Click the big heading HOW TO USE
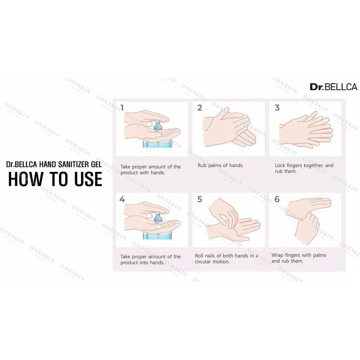pyautogui.click(x=55, y=178)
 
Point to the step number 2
pyautogui.click(x=200, y=108)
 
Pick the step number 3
pyautogui.click(x=277, y=108)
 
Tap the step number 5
pyautogui.click(x=200, y=198)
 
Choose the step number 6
pyautogui.click(x=277, y=198)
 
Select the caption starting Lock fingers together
pyautogui.click(x=304, y=168)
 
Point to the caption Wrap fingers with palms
pyautogui.click(x=299, y=258)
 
